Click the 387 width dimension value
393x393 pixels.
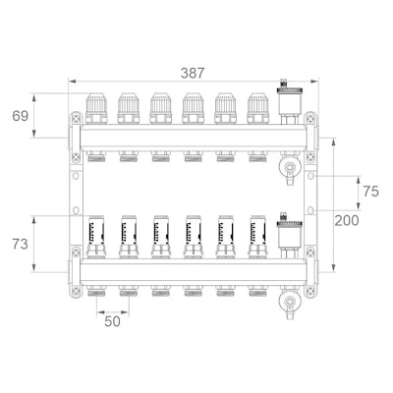[193, 73]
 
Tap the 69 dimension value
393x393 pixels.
[21, 116]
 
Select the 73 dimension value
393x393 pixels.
[21, 245]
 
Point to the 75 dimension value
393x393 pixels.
[370, 192]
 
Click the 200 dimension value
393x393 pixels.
[347, 221]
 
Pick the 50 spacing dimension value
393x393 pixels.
[112, 322]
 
